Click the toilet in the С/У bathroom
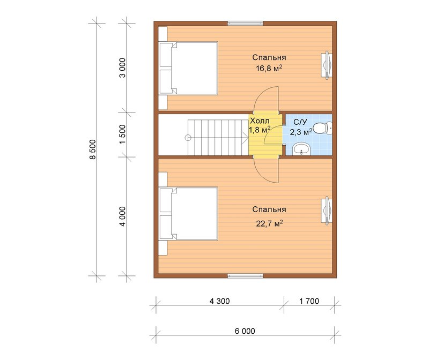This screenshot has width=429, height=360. coord(323,128)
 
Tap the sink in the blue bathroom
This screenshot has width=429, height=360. coord(301,149)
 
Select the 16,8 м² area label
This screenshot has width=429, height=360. coord(269,69)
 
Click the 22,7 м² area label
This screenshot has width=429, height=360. coord(269,223)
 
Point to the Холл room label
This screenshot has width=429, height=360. coord(260,121)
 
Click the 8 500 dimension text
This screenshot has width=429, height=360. coord(93,149)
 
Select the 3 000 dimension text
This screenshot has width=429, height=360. coord(123,67)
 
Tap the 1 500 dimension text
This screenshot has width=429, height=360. coord(123,134)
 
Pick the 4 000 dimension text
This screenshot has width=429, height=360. coord(123,216)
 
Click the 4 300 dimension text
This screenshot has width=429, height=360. coord(219,301)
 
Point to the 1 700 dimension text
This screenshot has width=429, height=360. coord(309,301)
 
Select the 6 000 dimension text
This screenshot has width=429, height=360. coord(245,331)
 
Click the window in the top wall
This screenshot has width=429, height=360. coord(245,23)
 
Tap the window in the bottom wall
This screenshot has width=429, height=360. coord(245,276)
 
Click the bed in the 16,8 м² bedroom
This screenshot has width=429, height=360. coord(188,68)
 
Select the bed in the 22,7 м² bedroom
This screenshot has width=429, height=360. coord(188,214)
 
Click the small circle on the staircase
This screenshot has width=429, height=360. coord(188,138)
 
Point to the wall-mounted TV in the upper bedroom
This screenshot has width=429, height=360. coord(327,65)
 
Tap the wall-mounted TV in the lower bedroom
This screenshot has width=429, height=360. coord(327,211)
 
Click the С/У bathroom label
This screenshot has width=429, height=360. coord(300,122)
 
